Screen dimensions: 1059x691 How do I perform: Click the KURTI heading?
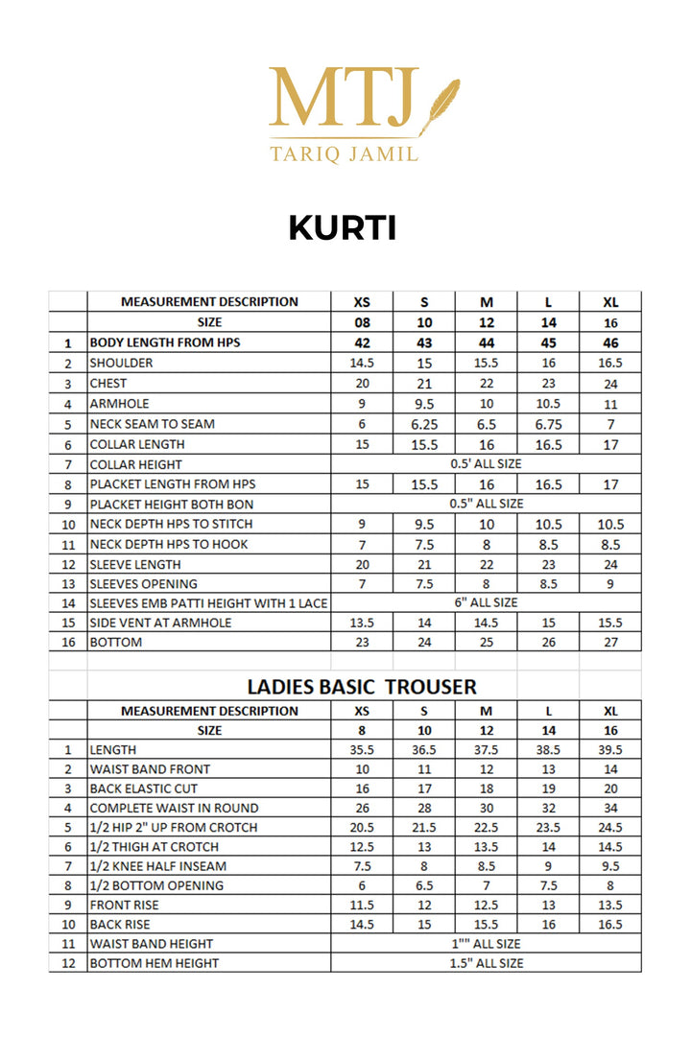pos(343,228)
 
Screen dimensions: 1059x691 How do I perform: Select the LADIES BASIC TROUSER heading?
pos(362,687)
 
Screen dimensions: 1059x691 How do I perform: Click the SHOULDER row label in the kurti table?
pos(121,364)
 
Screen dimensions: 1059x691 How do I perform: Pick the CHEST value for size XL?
pos(610,384)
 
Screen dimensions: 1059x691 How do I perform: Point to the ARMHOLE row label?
pos(119,404)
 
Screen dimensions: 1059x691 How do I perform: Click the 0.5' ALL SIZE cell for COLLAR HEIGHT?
pos(486,464)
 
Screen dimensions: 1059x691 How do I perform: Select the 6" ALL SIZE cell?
pos(486,602)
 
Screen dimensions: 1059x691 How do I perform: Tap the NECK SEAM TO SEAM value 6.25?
pos(424,424)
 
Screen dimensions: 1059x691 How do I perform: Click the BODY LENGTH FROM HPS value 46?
pos(610,343)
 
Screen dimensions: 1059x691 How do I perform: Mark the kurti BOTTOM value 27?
pos(610,643)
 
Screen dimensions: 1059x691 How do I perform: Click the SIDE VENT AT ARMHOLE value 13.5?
pos(362,623)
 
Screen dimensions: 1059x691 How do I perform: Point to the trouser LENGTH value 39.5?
pos(610,750)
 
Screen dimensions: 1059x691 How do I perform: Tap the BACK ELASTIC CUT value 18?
pos(486,788)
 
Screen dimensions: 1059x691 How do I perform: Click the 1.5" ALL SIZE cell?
pos(486,963)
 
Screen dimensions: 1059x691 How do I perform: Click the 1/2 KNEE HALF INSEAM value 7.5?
pos(362,866)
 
